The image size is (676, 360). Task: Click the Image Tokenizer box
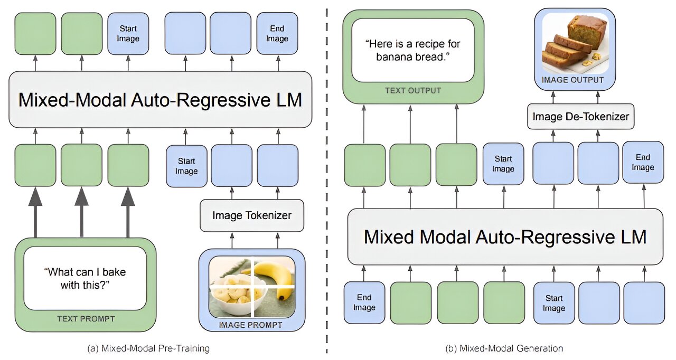click(252, 215)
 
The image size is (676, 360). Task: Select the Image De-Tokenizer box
click(580, 116)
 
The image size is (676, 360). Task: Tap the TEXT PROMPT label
click(86, 319)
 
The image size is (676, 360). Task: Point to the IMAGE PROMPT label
click(251, 325)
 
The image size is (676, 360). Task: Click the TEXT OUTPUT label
click(413, 91)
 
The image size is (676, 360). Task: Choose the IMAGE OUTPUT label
click(576, 80)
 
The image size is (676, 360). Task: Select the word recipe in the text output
click(429, 45)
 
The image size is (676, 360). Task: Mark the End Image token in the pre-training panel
click(277, 34)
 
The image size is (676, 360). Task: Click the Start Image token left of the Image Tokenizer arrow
click(186, 166)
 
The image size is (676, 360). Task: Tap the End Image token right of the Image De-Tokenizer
click(643, 162)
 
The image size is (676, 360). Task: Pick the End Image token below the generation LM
click(364, 302)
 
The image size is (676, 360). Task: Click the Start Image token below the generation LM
click(553, 302)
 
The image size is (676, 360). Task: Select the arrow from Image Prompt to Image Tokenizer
click(231, 241)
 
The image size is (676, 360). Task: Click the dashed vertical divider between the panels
click(327, 211)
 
